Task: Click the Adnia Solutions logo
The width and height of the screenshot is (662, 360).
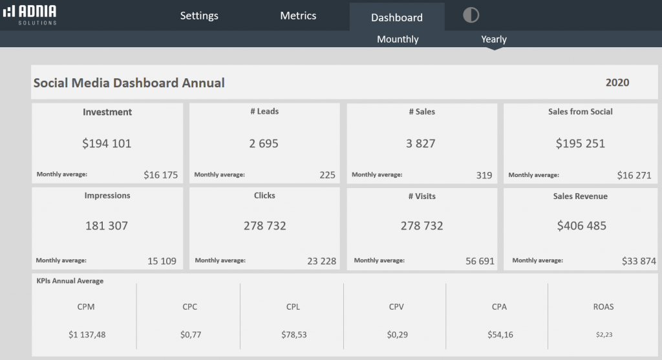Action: pyautogui.click(x=30, y=14)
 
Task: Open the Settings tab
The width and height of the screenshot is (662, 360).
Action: pyautogui.click(x=199, y=16)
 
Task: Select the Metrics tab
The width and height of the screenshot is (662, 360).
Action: pyautogui.click(x=298, y=16)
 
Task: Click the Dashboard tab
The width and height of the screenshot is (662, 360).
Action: pyautogui.click(x=396, y=17)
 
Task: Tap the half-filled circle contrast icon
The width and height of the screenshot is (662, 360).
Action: pyautogui.click(x=471, y=16)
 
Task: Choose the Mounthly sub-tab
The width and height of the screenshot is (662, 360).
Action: pyautogui.click(x=398, y=39)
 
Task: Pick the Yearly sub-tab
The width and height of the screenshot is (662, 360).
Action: pyautogui.click(x=493, y=39)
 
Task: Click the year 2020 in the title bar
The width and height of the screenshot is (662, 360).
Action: pyautogui.click(x=617, y=83)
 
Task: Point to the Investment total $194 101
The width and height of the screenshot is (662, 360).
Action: pyautogui.click(x=107, y=143)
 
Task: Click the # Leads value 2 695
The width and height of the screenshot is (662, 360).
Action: pyautogui.click(x=264, y=143)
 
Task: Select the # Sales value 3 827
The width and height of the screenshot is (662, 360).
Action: pyautogui.click(x=421, y=143)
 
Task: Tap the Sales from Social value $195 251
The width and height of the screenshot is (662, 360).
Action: pyautogui.click(x=580, y=143)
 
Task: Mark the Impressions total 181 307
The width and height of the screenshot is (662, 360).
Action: pyautogui.click(x=107, y=226)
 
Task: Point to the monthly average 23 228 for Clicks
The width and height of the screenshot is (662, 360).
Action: pyautogui.click(x=321, y=261)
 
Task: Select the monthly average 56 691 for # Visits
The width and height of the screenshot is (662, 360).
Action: pyautogui.click(x=480, y=261)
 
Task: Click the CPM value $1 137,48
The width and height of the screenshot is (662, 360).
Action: pyautogui.click(x=87, y=335)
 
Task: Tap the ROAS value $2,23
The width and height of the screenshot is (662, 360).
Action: pyautogui.click(x=603, y=335)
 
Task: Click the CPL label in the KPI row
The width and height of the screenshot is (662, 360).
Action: pyautogui.click(x=293, y=307)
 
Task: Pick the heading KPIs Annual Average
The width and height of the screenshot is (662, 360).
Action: pyautogui.click(x=70, y=281)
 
